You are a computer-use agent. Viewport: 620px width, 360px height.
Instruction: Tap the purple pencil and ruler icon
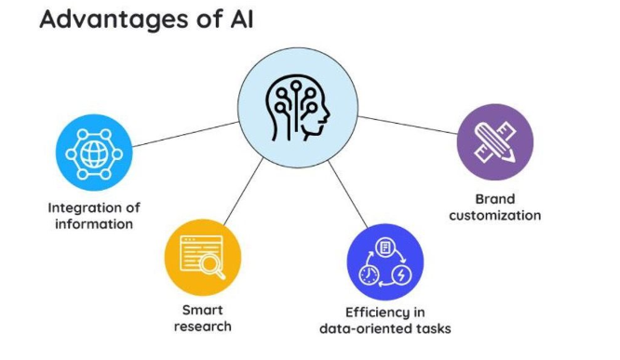click(494, 141)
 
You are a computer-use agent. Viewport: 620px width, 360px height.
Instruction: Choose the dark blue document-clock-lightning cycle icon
click(384, 261)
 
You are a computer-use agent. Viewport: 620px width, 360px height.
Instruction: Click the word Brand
click(494, 198)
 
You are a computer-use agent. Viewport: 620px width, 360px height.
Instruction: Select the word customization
click(494, 216)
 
